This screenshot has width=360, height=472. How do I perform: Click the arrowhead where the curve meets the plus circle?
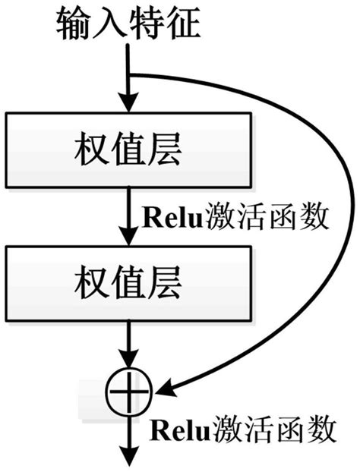pyautogui.click(x=166, y=391)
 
